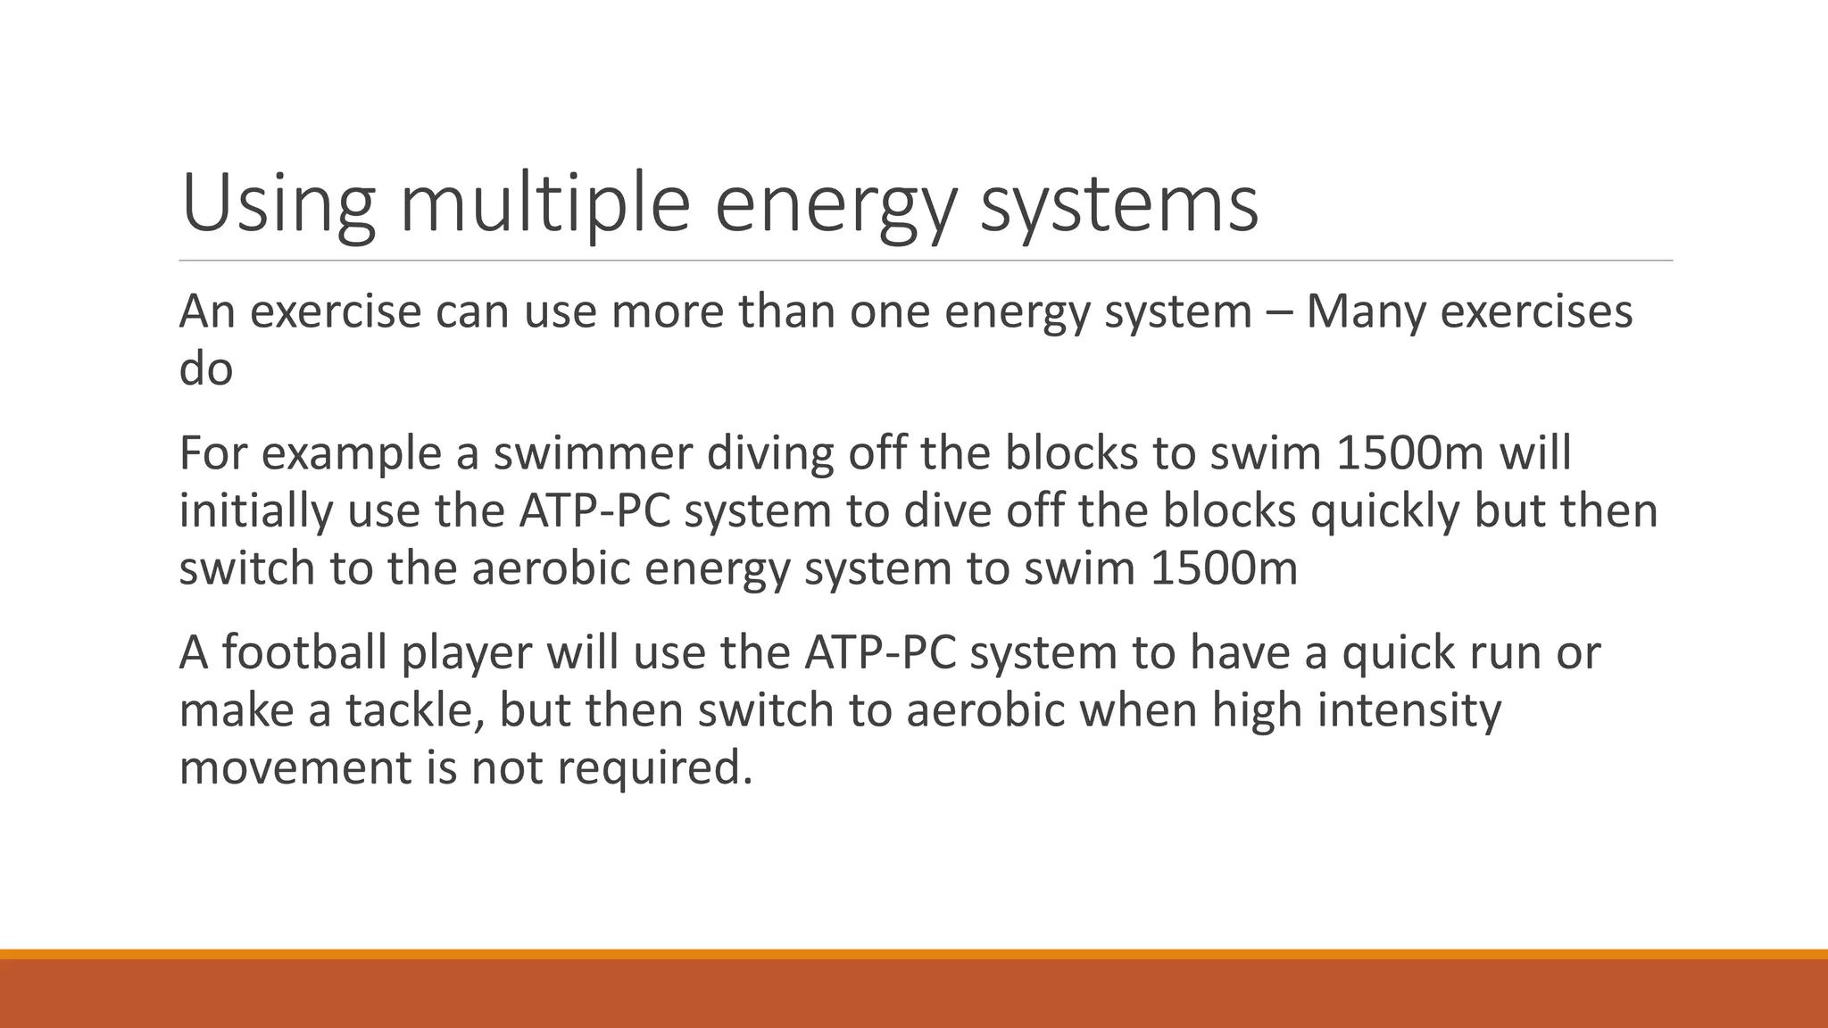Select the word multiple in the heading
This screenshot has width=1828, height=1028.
(x=544, y=205)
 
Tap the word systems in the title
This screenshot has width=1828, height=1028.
(x=1119, y=205)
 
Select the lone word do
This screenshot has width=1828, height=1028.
(x=205, y=369)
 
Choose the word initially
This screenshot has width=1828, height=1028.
(x=255, y=510)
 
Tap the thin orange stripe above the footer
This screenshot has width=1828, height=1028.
(x=914, y=954)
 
